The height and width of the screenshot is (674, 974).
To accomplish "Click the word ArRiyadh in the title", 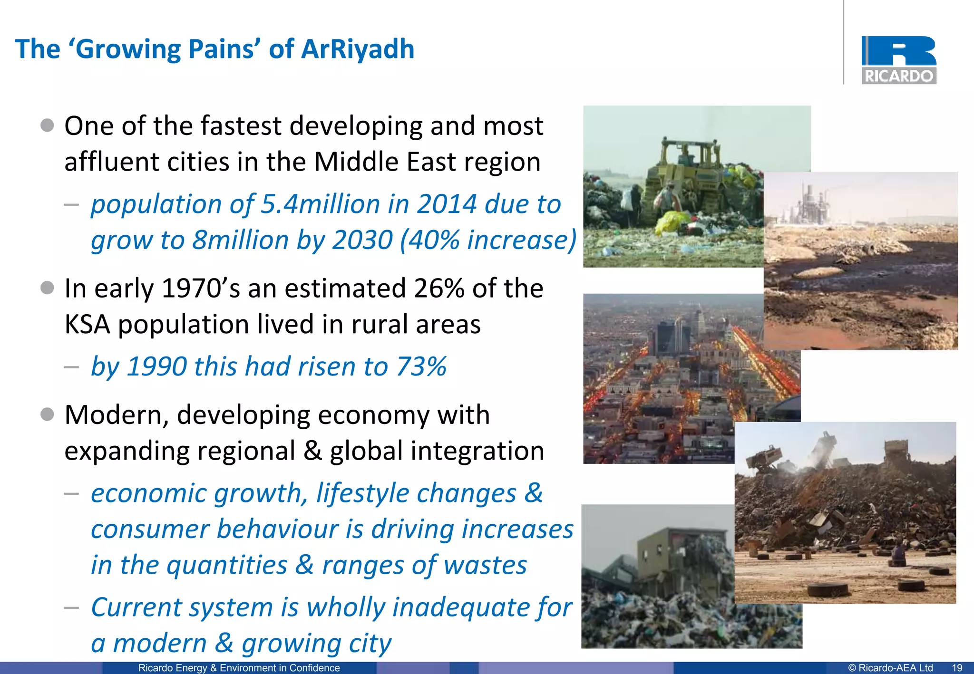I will click(358, 49).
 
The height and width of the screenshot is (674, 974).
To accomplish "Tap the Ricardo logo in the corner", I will click(898, 60).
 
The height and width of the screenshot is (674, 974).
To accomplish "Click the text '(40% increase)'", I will click(488, 240).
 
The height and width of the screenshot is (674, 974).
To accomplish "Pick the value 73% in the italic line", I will click(421, 366).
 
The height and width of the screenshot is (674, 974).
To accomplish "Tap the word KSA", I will click(87, 325).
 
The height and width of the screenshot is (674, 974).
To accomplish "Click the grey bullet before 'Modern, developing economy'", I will click(47, 414).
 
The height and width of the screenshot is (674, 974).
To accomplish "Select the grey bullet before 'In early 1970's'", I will click(47, 288).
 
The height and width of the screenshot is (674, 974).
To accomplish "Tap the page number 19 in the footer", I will click(957, 668).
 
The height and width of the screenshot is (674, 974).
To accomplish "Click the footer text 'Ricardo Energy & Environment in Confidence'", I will click(239, 668).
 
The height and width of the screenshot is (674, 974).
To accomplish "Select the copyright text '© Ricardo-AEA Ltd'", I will click(890, 668).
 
